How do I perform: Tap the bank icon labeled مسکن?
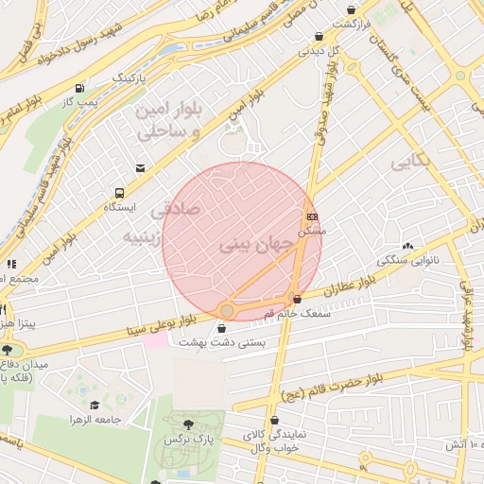[312, 216]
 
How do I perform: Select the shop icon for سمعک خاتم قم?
[298, 300]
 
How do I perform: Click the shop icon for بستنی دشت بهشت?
[221, 329]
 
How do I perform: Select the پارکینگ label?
[130, 74]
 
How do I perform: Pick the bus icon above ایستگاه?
[119, 191]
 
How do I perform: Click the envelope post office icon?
[140, 168]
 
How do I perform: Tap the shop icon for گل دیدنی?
[319, 37]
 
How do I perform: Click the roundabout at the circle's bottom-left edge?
[227, 310]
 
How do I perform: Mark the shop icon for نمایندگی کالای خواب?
[275, 421]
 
